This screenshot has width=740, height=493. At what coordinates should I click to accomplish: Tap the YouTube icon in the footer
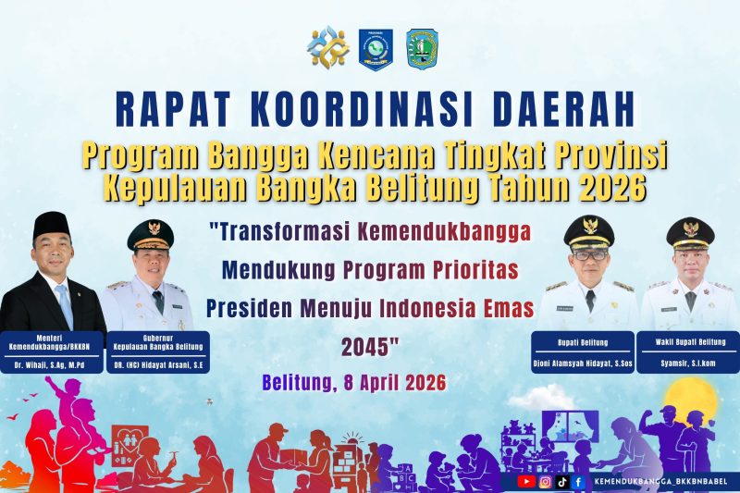[526, 482]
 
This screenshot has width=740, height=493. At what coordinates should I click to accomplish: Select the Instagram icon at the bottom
[546, 482]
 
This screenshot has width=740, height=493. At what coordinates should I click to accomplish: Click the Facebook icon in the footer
[578, 482]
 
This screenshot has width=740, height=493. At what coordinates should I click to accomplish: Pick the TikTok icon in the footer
[562, 482]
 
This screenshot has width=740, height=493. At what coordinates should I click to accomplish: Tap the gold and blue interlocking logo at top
[328, 46]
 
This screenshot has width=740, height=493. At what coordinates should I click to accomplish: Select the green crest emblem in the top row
[422, 50]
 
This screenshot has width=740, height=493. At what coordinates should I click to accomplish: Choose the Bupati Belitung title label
[583, 342]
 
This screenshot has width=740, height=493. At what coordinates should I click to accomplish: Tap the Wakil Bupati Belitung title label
[690, 342]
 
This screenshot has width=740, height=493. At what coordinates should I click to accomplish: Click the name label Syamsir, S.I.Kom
[688, 364]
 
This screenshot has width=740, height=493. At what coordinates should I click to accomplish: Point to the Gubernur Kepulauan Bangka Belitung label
[158, 342]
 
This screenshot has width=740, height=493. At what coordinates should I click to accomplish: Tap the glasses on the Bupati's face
[589, 255]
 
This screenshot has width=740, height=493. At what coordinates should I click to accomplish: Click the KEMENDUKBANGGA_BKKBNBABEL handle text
[660, 482]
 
